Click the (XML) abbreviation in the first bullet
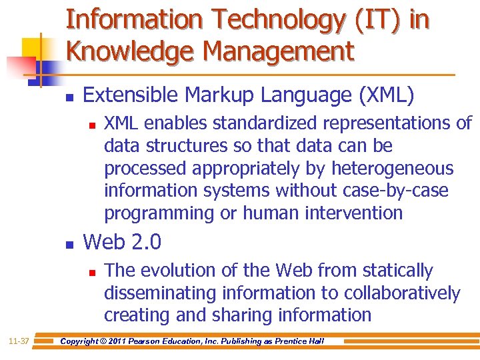coord(386,95)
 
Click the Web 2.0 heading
coord(121,242)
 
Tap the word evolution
coord(175,271)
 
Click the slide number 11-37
coord(19,341)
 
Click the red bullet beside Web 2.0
coord(69,245)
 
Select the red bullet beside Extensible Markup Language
coord(69,97)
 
